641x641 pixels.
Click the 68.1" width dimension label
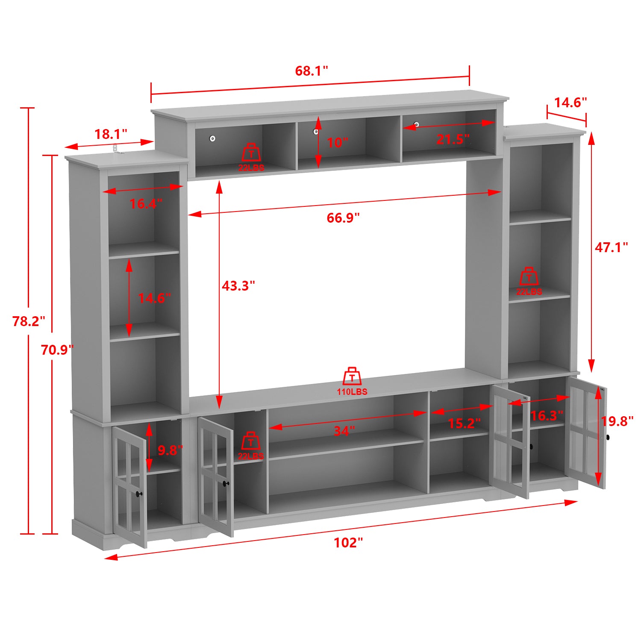[312, 71]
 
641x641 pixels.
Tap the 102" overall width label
[348, 543]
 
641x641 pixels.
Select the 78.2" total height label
[29, 321]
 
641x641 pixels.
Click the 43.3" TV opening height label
[238, 285]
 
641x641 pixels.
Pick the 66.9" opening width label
[343, 218]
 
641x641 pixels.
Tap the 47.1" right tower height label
[611, 247]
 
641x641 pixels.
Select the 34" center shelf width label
[344, 431]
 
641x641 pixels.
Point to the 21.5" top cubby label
[453, 139]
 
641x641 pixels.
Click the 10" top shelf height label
[337, 142]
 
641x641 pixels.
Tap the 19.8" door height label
[617, 421]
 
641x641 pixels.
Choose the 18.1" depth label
[111, 134]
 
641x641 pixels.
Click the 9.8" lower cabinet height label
[170, 450]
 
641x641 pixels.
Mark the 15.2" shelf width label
[464, 423]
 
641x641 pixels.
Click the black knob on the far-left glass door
[138, 494]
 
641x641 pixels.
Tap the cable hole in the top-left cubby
[212, 138]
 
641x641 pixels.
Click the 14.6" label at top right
[570, 103]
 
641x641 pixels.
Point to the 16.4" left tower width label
[146, 204]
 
